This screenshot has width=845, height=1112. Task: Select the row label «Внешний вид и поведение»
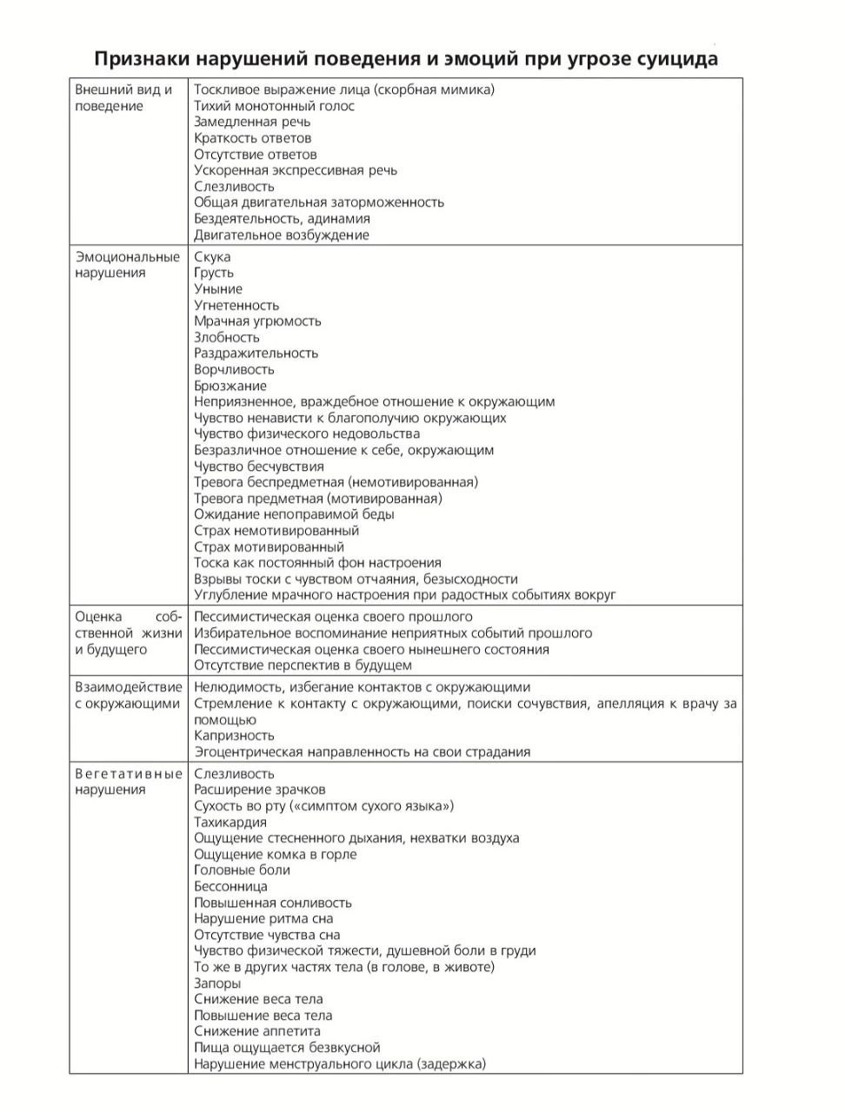click(x=123, y=97)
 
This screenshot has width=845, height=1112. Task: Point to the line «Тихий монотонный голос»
click(x=274, y=106)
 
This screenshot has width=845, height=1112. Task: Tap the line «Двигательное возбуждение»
click(x=282, y=235)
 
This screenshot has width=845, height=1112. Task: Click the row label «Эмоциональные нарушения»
click(x=127, y=265)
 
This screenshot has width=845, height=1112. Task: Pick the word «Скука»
click(x=212, y=257)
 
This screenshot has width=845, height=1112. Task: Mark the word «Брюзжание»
click(x=230, y=386)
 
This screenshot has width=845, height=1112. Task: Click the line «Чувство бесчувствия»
click(x=259, y=467)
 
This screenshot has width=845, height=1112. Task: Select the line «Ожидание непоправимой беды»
click(x=294, y=514)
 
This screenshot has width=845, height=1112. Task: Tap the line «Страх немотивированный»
click(x=276, y=531)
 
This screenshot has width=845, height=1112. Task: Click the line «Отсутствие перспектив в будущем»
click(x=303, y=665)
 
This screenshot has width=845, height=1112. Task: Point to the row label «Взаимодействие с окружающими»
click(x=129, y=696)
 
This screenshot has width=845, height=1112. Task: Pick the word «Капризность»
click(x=234, y=736)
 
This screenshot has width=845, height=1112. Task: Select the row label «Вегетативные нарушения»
click(x=129, y=782)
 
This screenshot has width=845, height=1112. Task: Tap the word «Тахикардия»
click(x=230, y=822)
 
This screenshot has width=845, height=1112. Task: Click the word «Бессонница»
click(x=230, y=886)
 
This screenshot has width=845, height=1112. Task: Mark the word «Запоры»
click(x=217, y=983)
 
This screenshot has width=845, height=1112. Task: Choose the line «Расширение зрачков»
click(x=260, y=790)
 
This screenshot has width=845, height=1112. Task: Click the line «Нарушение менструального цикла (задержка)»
click(x=340, y=1064)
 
